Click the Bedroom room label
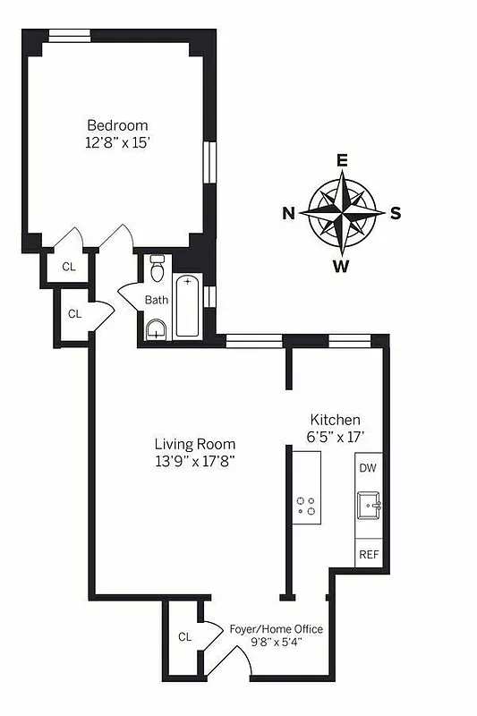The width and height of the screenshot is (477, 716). pos(117,125)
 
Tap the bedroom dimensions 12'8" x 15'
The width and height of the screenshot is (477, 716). pos(117,141)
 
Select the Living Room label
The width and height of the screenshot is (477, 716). pos(194,444)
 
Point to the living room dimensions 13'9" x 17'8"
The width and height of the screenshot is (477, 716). pos(194,461)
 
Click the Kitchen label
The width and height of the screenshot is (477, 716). pos(335,420)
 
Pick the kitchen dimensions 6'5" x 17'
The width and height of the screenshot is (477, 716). pos(335,437)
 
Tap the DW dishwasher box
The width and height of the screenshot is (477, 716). pos(368,468)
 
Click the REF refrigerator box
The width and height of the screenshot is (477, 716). pos(369,554)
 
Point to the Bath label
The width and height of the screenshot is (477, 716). pos(157,300)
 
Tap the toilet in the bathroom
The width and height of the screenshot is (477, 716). pos(158,268)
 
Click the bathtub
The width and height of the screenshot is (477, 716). pos(187,306)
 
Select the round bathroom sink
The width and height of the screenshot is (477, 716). pos(157,328)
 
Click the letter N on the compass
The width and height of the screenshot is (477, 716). pos(288,213)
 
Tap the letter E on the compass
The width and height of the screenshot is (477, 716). pos(341,161)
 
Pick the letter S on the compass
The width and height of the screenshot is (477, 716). pos(395,213)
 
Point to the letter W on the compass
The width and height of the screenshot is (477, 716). pos(341,265)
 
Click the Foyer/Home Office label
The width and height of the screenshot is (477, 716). pos(277,629)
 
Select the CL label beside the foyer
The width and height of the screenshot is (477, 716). pos(184,637)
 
